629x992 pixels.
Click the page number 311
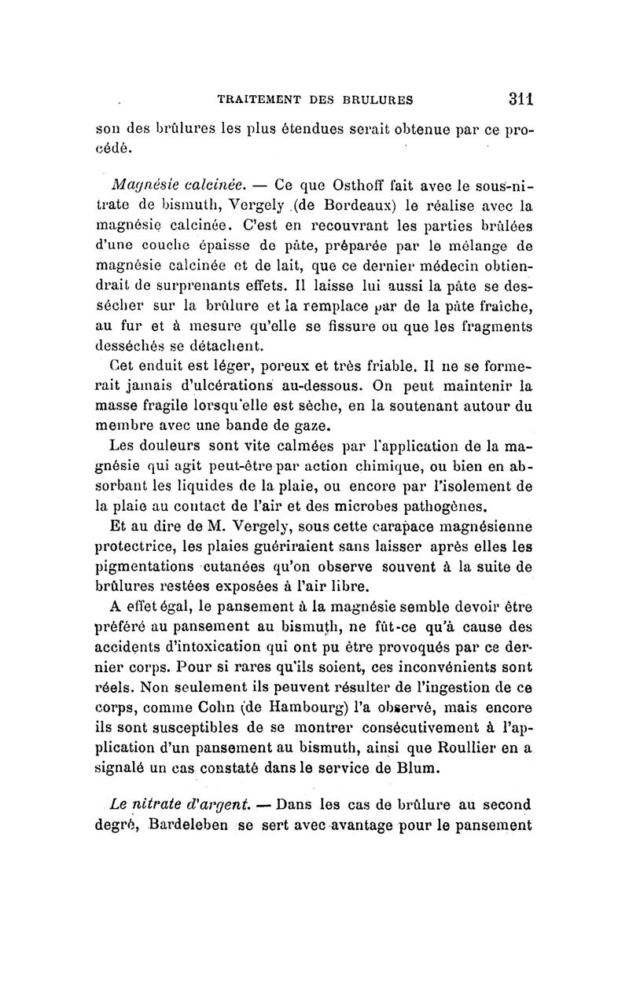pos(520,99)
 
